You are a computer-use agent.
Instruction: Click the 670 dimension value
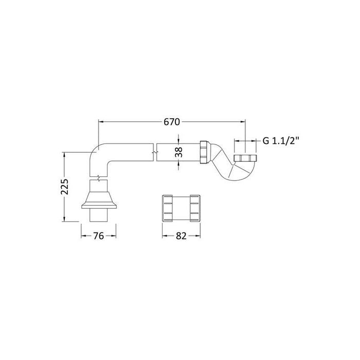tap(171, 122)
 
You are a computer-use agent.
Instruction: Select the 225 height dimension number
tap(65, 186)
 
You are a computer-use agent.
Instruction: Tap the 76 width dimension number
tap(99, 236)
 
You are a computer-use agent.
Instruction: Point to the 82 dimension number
tap(181, 236)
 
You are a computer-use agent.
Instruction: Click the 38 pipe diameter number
tap(178, 152)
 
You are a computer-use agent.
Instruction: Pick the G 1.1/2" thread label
tap(281, 141)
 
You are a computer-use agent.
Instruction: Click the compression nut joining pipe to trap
tap(204, 152)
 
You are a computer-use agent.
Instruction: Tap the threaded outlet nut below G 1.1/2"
tap(245, 158)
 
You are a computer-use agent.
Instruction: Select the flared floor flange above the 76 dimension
tap(99, 200)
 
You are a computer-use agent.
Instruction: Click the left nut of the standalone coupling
tap(167, 208)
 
